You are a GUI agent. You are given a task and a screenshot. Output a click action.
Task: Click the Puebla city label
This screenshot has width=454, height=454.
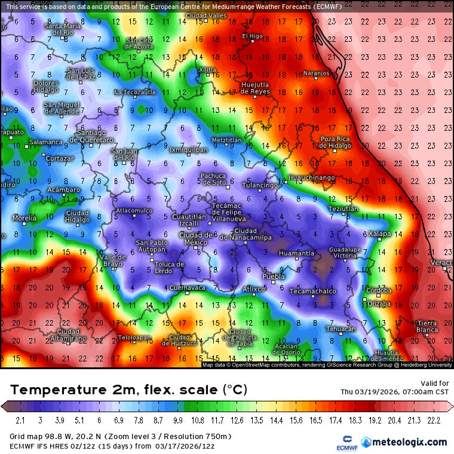(274, 276)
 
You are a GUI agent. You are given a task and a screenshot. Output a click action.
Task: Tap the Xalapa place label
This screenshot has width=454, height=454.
(381, 234)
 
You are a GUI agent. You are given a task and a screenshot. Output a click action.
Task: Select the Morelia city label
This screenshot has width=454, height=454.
(24, 218)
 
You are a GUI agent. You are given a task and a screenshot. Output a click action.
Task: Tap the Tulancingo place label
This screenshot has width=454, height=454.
(259, 185)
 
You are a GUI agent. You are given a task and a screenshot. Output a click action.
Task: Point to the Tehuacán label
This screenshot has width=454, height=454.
(341, 329)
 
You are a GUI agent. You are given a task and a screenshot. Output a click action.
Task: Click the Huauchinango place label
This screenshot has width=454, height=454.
(311, 178)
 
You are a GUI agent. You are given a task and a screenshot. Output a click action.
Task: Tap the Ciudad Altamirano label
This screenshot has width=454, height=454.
(68, 335)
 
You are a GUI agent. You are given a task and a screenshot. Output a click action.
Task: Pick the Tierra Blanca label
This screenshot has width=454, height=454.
(427, 326)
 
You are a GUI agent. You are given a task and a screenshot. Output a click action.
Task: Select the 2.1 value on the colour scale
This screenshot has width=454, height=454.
(20, 421)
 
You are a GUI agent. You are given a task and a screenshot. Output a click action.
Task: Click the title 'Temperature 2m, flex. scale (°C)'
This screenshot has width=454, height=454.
(128, 390)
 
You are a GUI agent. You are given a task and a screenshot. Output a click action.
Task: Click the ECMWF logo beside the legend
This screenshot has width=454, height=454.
(342, 443)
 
